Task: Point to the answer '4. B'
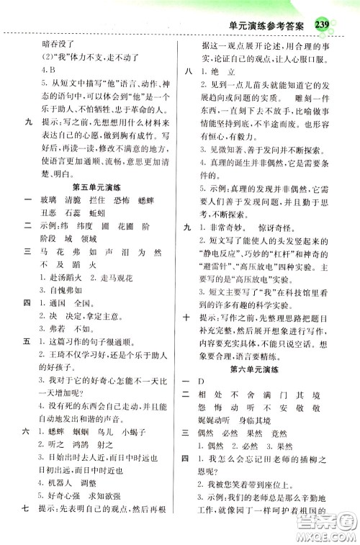[x=50, y=71]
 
